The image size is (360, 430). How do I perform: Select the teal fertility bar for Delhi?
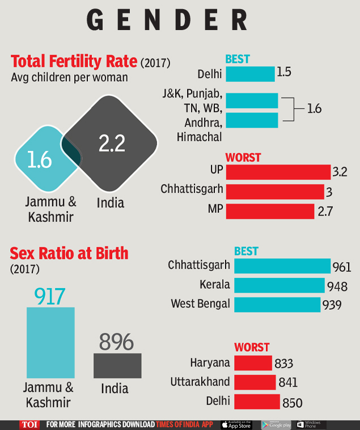250,74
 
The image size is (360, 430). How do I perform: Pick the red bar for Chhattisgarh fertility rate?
274,192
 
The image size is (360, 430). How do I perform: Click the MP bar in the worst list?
270,211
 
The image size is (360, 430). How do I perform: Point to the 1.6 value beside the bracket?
314,108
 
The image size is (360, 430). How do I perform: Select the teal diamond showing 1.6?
40,159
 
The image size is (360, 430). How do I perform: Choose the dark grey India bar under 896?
117,365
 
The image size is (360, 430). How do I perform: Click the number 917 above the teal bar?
50,296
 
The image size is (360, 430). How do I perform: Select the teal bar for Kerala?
279,284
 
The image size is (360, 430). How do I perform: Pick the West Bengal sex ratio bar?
277,304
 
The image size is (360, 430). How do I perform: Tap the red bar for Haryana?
253,363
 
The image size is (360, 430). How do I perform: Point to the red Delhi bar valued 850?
257,402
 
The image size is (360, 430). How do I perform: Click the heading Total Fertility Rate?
74,61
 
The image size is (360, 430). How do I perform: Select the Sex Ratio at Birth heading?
69,253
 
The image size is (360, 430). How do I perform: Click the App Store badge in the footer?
236,424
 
